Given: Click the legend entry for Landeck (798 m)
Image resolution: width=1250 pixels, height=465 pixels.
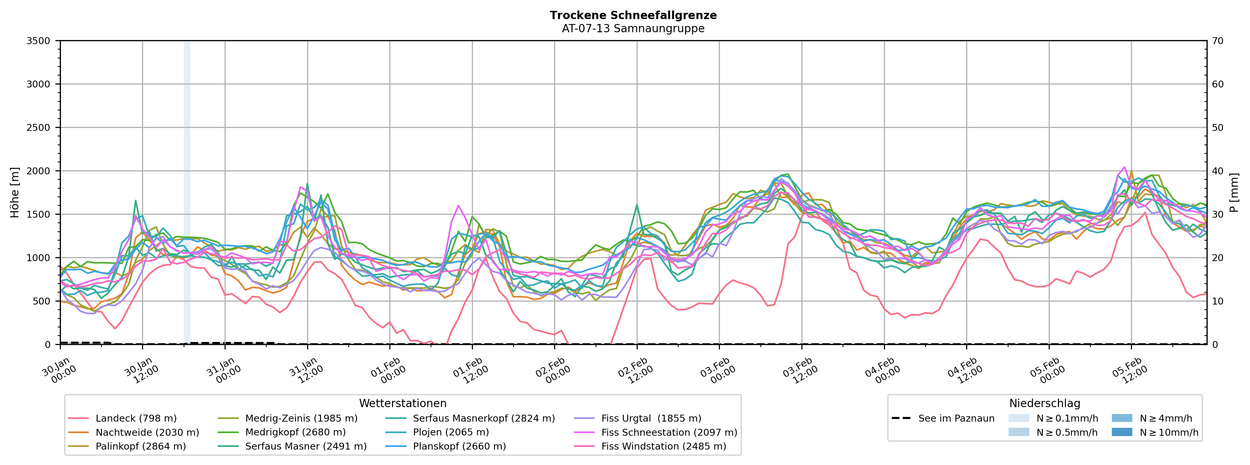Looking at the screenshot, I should [x=136, y=418].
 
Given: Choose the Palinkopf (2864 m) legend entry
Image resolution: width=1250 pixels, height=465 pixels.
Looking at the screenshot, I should [x=141, y=446].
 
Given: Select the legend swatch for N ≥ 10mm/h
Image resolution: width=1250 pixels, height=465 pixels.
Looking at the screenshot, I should [x=1122, y=432].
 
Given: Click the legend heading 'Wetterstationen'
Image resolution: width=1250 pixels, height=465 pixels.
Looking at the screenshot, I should [x=403, y=404].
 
